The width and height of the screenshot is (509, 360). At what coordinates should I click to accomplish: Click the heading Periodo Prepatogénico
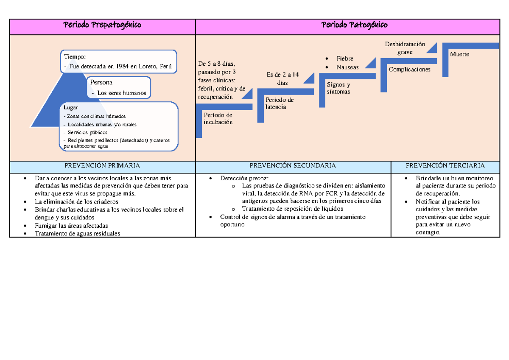102,25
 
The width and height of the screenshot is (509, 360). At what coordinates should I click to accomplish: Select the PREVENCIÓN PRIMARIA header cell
102,166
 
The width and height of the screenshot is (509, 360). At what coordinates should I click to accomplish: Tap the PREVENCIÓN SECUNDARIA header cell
293,166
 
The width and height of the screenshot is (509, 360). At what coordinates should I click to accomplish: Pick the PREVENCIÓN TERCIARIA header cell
445,166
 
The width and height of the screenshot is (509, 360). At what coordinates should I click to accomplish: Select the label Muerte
460,55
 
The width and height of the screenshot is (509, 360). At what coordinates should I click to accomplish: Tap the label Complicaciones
409,70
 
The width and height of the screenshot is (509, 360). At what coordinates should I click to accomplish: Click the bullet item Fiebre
345,59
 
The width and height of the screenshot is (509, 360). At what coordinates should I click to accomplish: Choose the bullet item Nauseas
347,67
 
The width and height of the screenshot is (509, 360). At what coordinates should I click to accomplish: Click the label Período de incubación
218,119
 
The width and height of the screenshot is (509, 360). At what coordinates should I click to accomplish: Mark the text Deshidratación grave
405,48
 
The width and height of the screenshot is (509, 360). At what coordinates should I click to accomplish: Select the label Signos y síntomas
338,88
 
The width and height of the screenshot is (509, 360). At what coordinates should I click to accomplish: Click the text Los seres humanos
122,93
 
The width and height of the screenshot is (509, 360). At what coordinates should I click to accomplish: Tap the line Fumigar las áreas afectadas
71,226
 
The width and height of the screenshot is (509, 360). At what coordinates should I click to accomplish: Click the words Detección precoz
244,179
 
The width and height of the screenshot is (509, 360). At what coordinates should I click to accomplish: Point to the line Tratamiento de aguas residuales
77,233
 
